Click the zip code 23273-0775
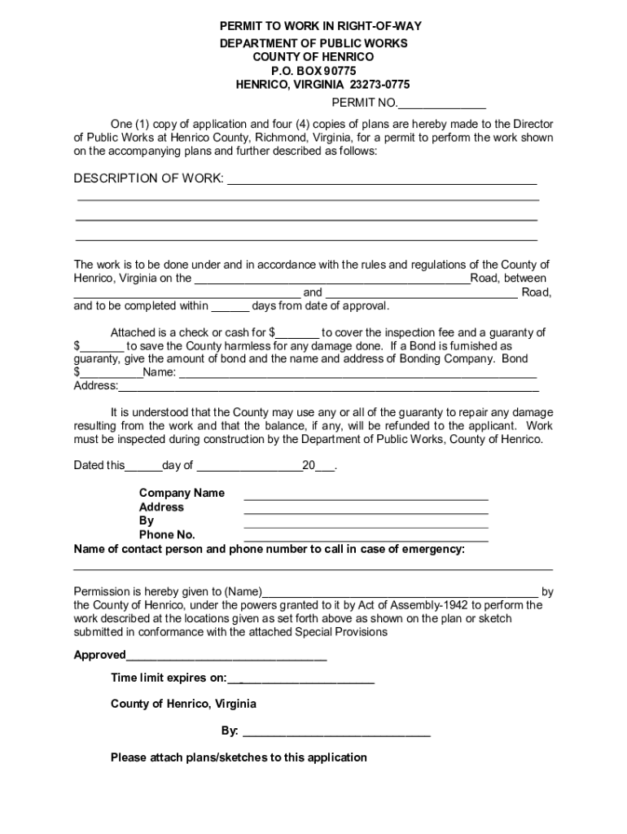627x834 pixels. coord(379,84)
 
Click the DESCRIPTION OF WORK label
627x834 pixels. coord(148,178)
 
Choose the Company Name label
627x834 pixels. coord(182,493)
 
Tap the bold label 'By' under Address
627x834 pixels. coord(147,520)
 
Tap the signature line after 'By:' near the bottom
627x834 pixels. coord(336,733)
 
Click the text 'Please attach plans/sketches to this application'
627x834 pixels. coord(239,757)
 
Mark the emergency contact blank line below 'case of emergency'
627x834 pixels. coord(313,566)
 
